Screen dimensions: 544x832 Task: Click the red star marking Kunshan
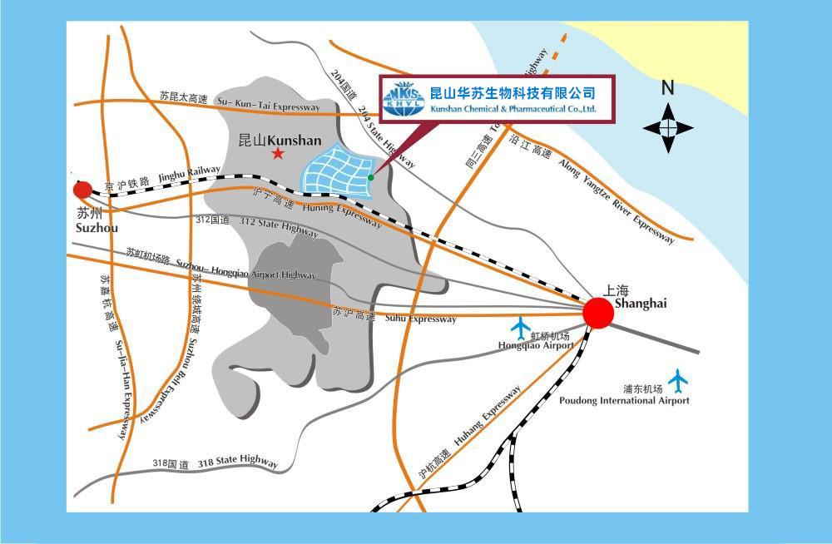click(x=278, y=154)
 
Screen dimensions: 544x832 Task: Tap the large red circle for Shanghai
click(x=597, y=313)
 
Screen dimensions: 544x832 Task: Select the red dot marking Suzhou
click(x=82, y=189)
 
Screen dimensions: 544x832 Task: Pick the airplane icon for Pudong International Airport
click(x=678, y=379)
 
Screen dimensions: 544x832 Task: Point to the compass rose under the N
click(x=667, y=128)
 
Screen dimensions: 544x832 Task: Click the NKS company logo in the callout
click(x=404, y=98)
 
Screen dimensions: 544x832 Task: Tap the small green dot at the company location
click(x=371, y=177)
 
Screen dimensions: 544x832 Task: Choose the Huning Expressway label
click(x=342, y=215)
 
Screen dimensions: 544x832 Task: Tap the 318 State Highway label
click(x=238, y=462)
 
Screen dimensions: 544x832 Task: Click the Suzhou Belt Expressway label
click(x=192, y=378)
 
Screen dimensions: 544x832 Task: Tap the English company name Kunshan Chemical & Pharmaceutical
click(x=513, y=109)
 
